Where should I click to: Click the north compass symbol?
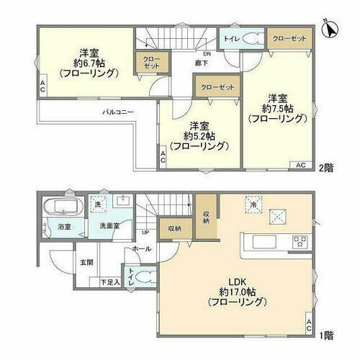point(330,28)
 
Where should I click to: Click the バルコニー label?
point(115,113)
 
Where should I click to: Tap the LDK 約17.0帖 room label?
point(238,290)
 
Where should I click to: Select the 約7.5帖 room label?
point(279,108)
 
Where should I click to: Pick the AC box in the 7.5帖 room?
point(301,166)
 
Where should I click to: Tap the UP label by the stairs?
point(145,233)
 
